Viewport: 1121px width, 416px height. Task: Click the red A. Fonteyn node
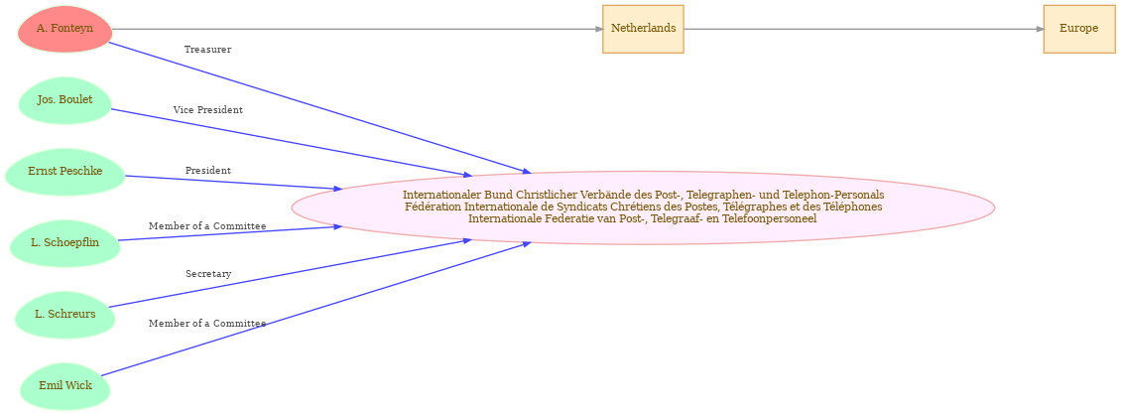click(65, 29)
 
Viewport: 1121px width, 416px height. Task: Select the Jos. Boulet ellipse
click(65, 99)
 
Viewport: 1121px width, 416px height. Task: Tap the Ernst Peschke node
click(65, 171)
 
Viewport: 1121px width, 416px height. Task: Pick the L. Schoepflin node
click(65, 242)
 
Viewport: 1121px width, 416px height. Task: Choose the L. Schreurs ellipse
click(65, 314)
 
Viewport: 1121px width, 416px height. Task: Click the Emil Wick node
click(65, 386)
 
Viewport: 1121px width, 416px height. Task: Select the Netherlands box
click(644, 29)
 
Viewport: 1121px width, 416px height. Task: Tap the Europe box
click(1078, 29)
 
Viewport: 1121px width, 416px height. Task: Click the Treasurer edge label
click(207, 50)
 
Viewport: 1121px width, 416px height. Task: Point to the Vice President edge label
click(208, 110)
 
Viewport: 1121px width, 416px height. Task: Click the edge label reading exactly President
click(208, 171)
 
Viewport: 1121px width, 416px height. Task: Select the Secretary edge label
click(208, 274)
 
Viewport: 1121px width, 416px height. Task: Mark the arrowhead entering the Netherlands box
click(598, 29)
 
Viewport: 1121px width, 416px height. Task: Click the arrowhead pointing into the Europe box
click(1040, 29)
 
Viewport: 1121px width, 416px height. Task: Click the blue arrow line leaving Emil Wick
click(315, 309)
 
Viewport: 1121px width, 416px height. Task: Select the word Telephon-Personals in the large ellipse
click(839, 195)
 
